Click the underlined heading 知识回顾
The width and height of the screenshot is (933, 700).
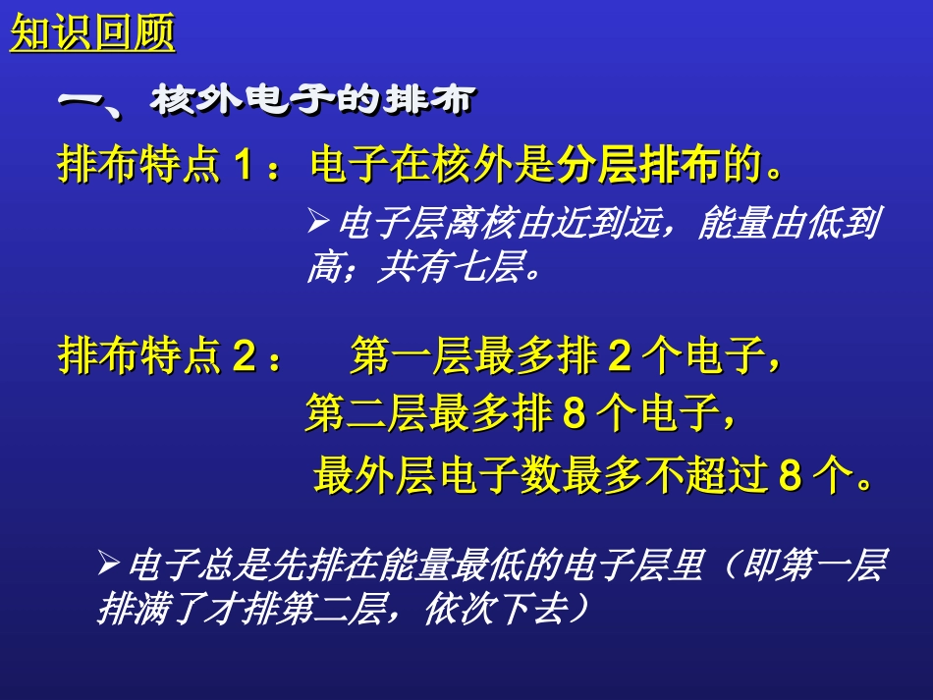[92, 34]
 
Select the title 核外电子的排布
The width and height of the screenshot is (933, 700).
[313, 100]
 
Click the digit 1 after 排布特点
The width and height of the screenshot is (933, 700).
[244, 167]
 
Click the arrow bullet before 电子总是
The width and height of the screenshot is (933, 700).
[109, 564]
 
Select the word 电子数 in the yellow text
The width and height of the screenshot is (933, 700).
[499, 477]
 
